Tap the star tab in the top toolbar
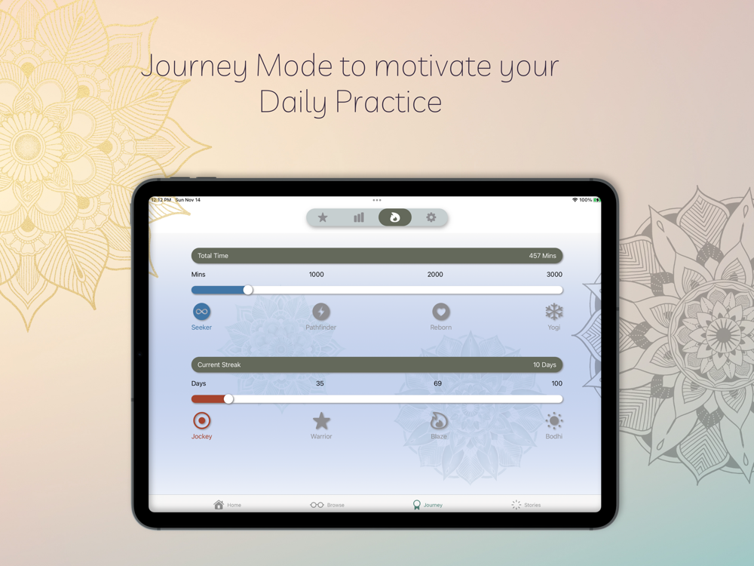(x=323, y=217)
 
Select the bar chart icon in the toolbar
(x=359, y=217)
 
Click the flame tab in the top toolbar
(x=395, y=217)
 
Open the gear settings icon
(x=431, y=217)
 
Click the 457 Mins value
(x=542, y=256)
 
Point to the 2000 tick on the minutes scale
(x=435, y=275)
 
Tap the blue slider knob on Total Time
(x=248, y=290)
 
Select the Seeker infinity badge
(x=202, y=312)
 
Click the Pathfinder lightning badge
(x=321, y=312)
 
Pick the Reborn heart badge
(x=441, y=312)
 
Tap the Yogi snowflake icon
(x=554, y=312)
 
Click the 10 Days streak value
(x=544, y=365)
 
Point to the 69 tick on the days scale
(x=437, y=383)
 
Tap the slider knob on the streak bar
(x=229, y=399)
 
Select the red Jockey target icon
(x=202, y=420)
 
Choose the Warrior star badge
(x=321, y=421)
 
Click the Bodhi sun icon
(x=554, y=421)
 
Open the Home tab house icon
(x=219, y=504)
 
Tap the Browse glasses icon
(x=317, y=505)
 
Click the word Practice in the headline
(x=388, y=102)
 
